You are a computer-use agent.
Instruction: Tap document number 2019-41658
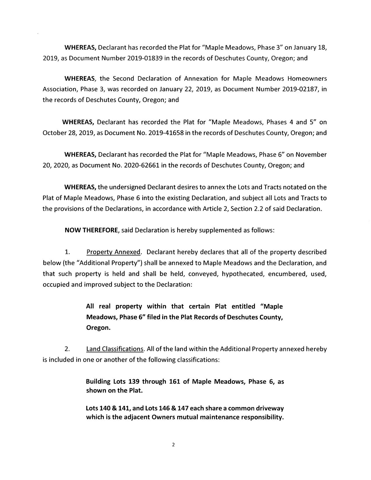pos(166,133)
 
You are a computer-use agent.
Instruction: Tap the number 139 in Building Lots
pos(134,381)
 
